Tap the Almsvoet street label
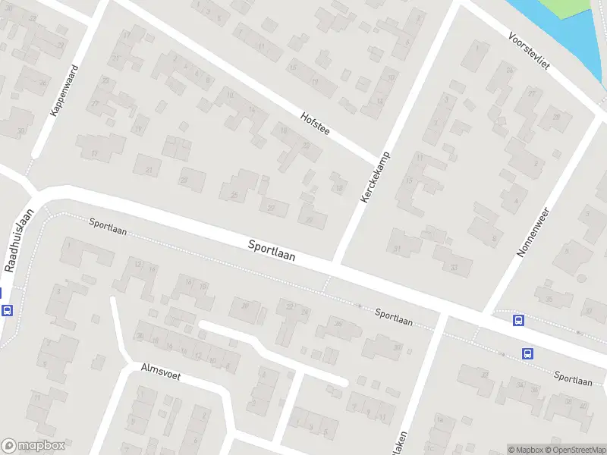[x=161, y=372]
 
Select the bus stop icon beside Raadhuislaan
[x=8, y=310]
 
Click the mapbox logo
[x=32, y=446]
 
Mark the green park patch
[x=565, y=8]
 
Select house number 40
[x=244, y=306]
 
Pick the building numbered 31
[x=397, y=248]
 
